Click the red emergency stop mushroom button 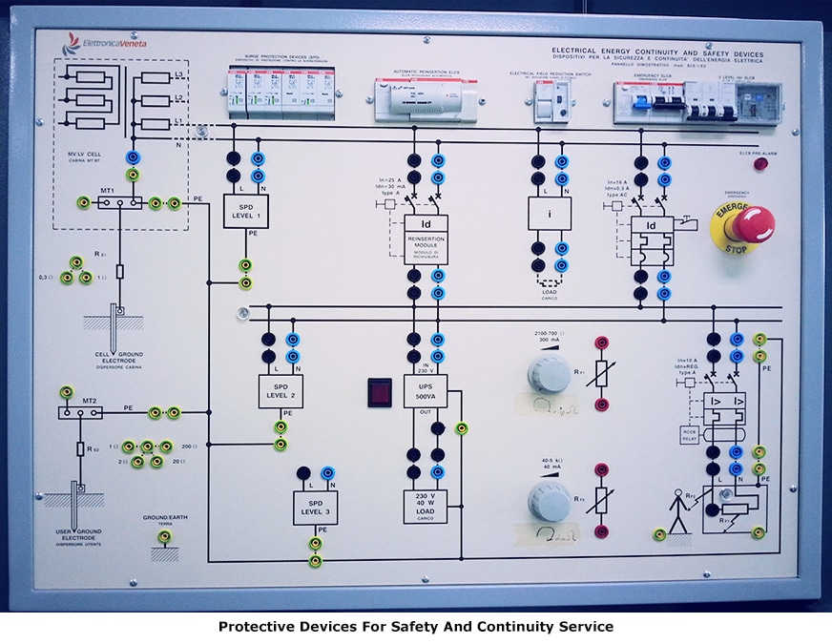(x=750, y=224)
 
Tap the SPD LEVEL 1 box (x=245, y=210)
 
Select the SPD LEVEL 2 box (x=281, y=391)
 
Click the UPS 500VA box (x=425, y=391)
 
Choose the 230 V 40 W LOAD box (x=425, y=506)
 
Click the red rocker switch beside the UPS (x=380, y=390)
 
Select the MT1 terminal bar (x=120, y=202)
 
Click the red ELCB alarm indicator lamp (x=760, y=164)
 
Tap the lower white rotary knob (x=550, y=500)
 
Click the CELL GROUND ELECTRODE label (x=119, y=358)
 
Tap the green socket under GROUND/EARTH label (x=165, y=537)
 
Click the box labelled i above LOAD (x=550, y=213)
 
